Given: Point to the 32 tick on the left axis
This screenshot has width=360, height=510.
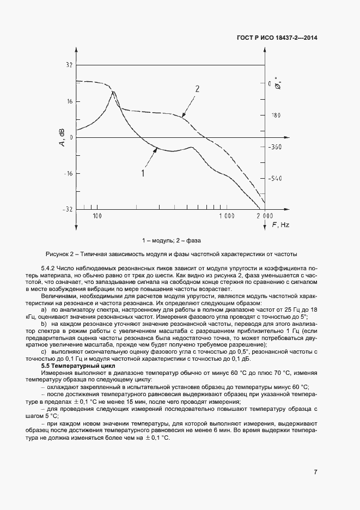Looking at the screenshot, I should [69, 65].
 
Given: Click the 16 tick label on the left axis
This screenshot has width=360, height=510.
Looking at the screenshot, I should [69, 101].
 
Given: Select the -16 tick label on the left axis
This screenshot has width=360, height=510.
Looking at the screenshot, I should [68, 173].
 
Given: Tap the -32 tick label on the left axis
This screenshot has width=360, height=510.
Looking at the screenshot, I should [68, 209].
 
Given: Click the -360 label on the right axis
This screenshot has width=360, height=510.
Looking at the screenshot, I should [275, 147].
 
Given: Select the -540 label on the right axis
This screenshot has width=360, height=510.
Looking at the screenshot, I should [275, 179].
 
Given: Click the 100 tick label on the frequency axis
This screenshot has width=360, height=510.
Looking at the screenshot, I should [97, 216].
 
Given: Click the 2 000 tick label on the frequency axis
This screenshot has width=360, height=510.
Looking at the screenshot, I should [265, 216].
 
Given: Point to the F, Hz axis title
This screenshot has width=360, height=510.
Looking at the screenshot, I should [280, 224].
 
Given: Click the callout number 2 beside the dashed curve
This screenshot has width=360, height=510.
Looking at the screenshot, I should [197, 89].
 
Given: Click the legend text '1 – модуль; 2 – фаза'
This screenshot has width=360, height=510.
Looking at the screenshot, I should [172, 240].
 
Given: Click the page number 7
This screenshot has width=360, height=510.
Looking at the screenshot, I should [315, 472].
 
